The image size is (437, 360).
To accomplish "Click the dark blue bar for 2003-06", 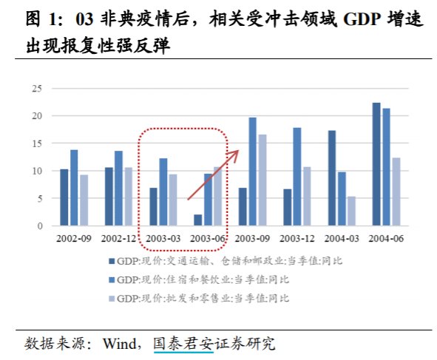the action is tap(198, 220).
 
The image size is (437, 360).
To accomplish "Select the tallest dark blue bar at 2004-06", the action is tap(376, 164).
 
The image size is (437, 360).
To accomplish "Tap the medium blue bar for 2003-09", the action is tap(252, 171).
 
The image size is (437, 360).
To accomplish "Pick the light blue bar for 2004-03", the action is tap(351, 211).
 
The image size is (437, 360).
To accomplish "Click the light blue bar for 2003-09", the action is tap(262, 180).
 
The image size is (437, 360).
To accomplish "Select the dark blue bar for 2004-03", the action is tap(332, 178).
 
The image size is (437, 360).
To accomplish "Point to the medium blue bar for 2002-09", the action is tap(74, 188).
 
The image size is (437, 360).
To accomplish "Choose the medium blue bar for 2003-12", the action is tap(297, 177).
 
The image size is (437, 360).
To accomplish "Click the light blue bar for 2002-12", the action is tap(129, 197).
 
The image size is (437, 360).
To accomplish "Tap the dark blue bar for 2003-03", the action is tap(153, 207).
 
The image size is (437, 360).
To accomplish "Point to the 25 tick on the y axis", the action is tap(37, 89).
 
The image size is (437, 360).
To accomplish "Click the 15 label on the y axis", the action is tap(37, 143).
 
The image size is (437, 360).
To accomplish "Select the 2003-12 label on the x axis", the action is tap(297, 239).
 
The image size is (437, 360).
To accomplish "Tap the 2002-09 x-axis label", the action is tap(74, 239).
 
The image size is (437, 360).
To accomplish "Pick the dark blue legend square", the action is tap(112, 262).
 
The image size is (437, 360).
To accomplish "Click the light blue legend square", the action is tap(112, 299).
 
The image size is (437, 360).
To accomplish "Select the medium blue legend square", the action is tap(112, 279).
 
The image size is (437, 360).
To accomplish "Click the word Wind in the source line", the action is tap(120, 344).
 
